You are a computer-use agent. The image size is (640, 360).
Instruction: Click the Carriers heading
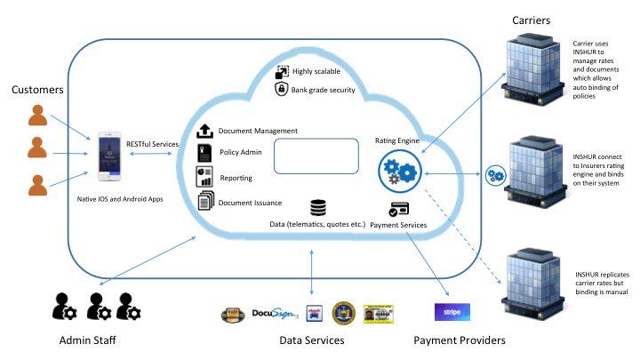click(532, 19)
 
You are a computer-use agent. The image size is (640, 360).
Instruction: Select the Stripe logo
click(452, 312)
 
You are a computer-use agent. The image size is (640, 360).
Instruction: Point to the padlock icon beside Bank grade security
click(281, 89)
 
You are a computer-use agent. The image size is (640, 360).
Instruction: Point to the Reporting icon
click(204, 175)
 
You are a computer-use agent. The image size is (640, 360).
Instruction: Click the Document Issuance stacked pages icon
click(204, 200)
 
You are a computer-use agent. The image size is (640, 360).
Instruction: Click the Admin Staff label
click(89, 340)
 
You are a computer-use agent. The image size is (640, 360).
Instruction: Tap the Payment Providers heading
click(459, 340)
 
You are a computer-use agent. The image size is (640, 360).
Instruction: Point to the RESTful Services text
click(154, 144)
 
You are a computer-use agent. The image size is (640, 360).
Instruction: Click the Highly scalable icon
click(281, 72)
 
